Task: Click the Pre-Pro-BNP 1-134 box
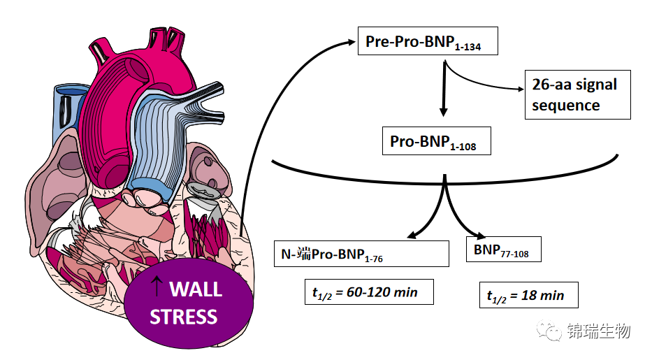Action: (x=428, y=41)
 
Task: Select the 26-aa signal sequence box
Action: (x=577, y=95)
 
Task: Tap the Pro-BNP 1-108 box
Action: (x=437, y=141)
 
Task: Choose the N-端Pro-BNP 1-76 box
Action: (x=361, y=254)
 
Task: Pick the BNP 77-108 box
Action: (x=504, y=249)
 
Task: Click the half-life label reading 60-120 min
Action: (x=369, y=291)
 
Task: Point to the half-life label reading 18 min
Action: (x=528, y=295)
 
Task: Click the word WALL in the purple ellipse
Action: (x=196, y=289)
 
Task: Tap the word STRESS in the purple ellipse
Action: (x=183, y=317)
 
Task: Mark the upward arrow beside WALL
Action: (x=157, y=286)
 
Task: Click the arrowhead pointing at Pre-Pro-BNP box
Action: (x=351, y=41)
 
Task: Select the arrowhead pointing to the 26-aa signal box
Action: (x=520, y=89)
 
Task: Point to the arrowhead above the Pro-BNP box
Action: (x=444, y=111)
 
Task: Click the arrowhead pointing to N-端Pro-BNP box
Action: (x=412, y=236)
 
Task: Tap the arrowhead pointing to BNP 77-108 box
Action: (x=480, y=236)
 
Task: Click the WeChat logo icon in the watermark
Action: (x=549, y=330)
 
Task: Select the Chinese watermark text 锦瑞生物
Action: (x=599, y=331)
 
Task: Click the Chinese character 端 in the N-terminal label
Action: (x=304, y=254)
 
